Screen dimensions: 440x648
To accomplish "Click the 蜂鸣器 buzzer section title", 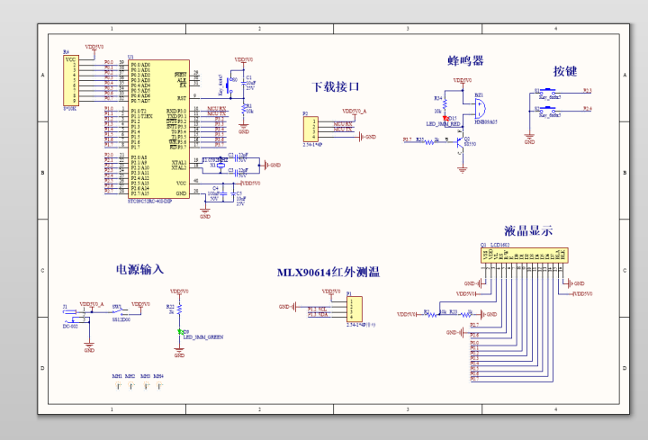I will (465, 60).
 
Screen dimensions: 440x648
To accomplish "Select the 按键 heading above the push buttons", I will (565, 71).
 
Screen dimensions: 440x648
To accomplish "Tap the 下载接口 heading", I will (336, 87).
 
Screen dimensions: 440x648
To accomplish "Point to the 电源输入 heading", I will (139, 269).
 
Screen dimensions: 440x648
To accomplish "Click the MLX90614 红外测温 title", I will (328, 272).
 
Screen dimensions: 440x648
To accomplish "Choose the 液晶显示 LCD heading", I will (528, 230).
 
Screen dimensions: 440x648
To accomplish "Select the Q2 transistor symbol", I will (459, 142).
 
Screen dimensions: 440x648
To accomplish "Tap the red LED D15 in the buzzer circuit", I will (445, 118).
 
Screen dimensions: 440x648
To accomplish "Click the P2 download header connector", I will (310, 130).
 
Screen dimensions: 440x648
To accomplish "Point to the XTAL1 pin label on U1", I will (177, 160).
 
